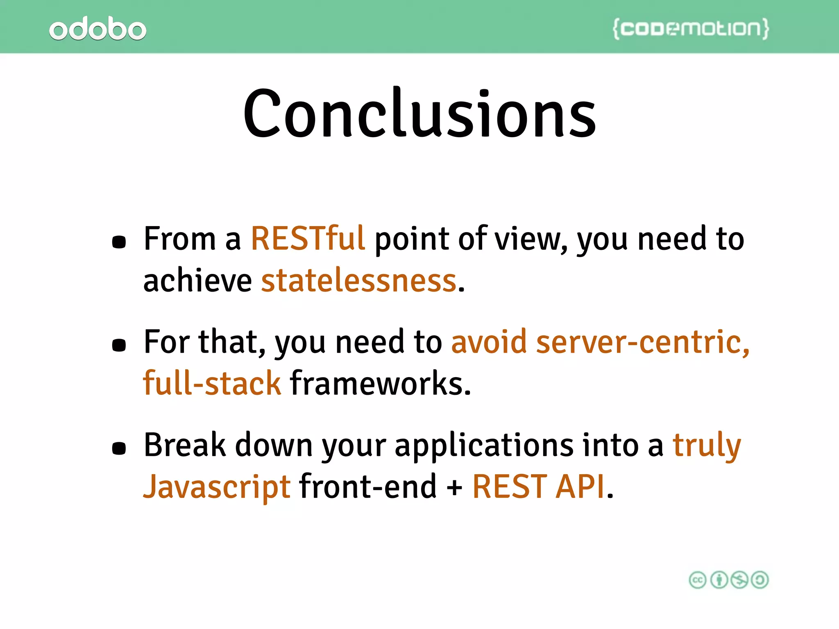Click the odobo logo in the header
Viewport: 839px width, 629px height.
coord(98,29)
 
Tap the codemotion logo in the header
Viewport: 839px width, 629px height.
coord(691,29)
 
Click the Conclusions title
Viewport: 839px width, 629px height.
coord(419,114)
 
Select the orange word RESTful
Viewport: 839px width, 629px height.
coord(308,239)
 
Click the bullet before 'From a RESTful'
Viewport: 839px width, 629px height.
coord(119,242)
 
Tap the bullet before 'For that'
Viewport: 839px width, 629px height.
coord(119,345)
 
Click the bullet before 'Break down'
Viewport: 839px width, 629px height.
coord(119,448)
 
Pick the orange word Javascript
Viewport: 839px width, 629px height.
coord(217,487)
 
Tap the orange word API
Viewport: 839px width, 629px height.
coord(580,487)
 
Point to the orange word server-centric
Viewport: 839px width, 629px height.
coord(643,342)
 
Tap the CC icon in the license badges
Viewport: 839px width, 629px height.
coord(698,580)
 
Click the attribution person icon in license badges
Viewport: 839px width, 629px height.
coord(719,580)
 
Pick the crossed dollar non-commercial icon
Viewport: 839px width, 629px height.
coord(739,580)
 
